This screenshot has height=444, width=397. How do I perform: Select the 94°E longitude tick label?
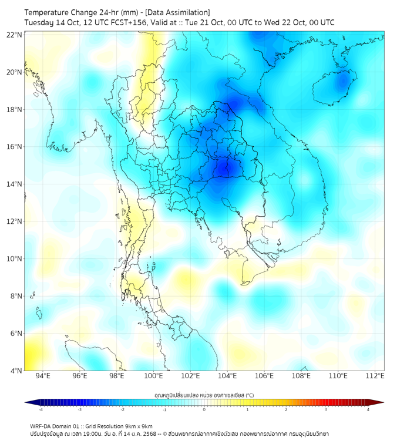click(x=43, y=376)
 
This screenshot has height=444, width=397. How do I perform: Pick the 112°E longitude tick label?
click(x=375, y=376)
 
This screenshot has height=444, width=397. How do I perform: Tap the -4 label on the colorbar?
click(x=40, y=410)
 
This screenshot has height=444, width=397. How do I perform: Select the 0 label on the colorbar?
click(x=204, y=410)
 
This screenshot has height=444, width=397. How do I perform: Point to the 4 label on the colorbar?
click(x=368, y=410)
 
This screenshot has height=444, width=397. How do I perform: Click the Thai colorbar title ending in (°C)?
click(x=204, y=395)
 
